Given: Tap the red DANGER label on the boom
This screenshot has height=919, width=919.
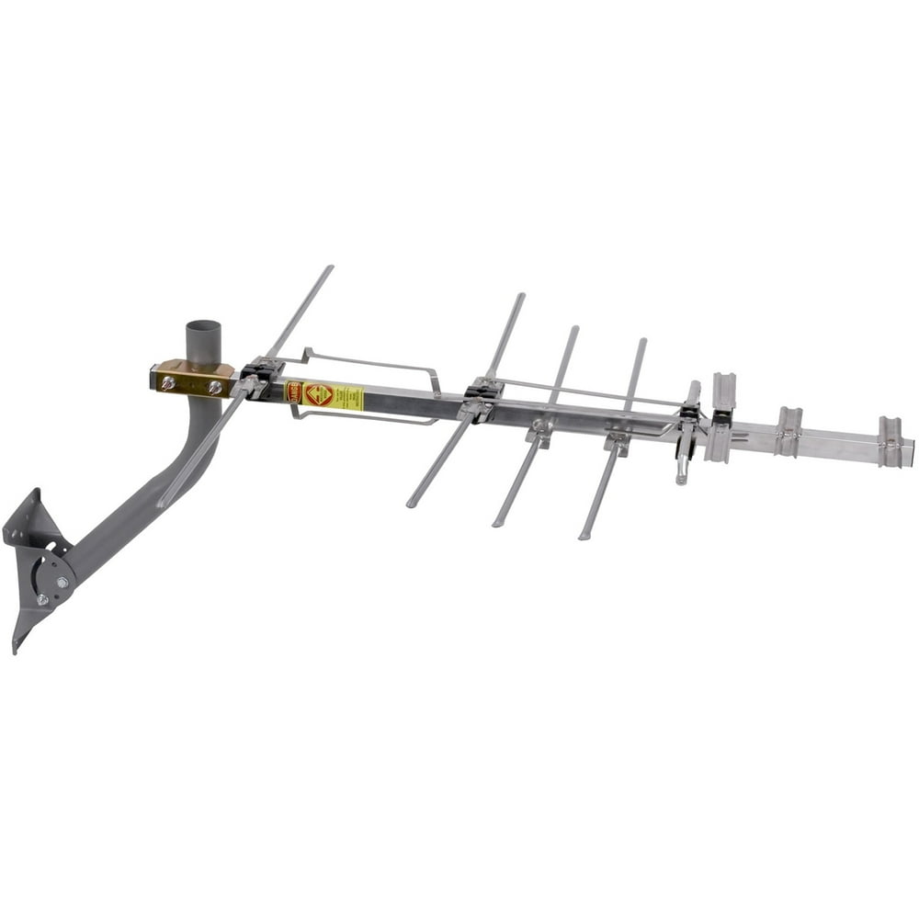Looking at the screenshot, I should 294,392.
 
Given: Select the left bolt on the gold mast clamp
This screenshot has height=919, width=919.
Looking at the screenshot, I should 168,381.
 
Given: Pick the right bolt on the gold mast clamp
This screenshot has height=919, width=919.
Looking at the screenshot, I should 214,387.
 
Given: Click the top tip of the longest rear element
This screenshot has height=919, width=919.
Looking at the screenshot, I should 329,268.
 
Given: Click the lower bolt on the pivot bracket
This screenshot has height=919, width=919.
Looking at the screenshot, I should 42,599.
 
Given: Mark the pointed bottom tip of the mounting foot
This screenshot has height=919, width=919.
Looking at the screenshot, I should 16,650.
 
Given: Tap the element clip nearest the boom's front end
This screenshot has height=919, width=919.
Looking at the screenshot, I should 890,440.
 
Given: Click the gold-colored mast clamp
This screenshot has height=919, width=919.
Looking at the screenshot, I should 191,379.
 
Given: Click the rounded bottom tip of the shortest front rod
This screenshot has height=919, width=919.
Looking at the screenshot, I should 681,479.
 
